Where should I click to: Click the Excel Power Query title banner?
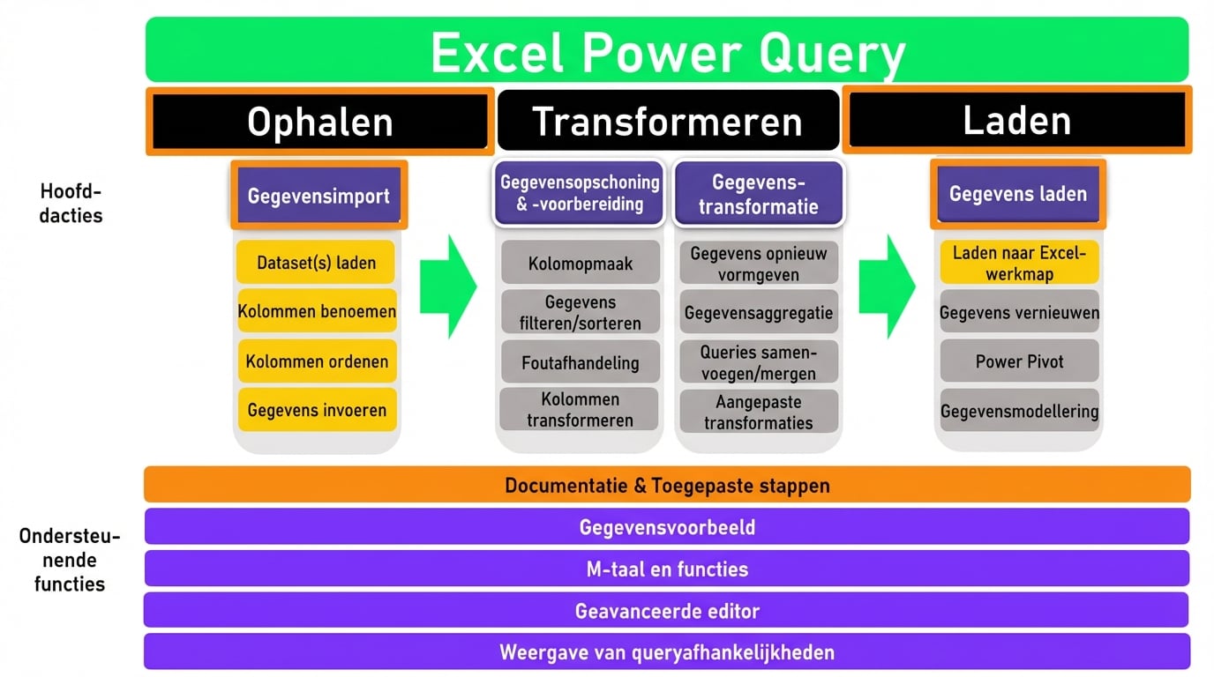667,49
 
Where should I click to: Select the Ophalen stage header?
319,122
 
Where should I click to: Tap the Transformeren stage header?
668,120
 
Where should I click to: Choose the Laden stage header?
1017,120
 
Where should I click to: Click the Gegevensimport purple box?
318,195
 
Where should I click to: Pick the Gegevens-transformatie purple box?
758,193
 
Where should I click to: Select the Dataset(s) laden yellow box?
316,262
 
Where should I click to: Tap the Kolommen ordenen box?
317,361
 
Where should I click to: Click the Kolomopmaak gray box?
580,263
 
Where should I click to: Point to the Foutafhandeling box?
580,361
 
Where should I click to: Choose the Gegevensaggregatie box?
759,313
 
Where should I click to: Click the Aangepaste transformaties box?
759,412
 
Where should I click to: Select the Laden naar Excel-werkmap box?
1019,263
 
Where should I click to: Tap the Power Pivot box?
1019,361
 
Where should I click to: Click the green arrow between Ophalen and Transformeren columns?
448,286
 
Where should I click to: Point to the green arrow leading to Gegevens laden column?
888,286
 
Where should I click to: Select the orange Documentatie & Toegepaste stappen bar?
667,485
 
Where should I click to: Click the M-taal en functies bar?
667,569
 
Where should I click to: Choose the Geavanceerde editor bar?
667,610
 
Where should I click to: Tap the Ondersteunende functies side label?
70,560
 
